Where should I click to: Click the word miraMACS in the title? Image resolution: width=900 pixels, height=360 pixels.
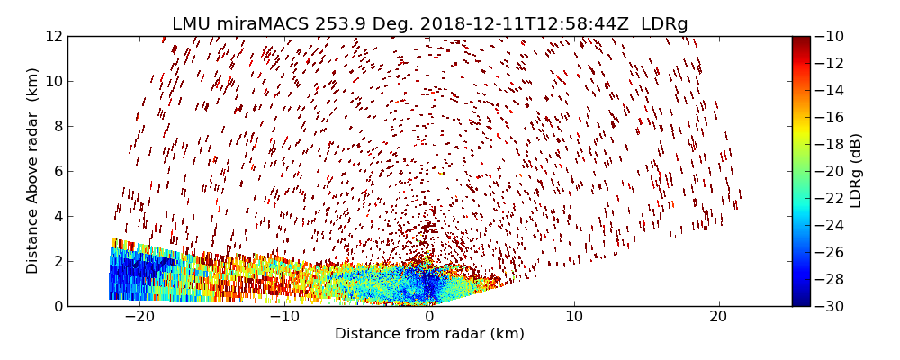267,24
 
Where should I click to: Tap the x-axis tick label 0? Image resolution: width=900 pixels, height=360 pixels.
430,317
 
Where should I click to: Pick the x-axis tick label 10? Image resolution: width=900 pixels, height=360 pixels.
574,317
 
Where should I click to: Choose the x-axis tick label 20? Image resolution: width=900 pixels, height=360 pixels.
718,317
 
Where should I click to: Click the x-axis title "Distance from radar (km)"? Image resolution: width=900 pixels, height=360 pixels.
429,334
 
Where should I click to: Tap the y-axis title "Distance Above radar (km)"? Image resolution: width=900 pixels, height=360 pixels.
33,171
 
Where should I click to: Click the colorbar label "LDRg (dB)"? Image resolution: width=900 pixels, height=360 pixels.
856,171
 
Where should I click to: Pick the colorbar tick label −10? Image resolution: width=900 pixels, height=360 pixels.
829,36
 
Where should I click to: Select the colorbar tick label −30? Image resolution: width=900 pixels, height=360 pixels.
829,306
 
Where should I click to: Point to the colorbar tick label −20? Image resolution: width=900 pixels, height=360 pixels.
829,171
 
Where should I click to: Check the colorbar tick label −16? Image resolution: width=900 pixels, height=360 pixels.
829,117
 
